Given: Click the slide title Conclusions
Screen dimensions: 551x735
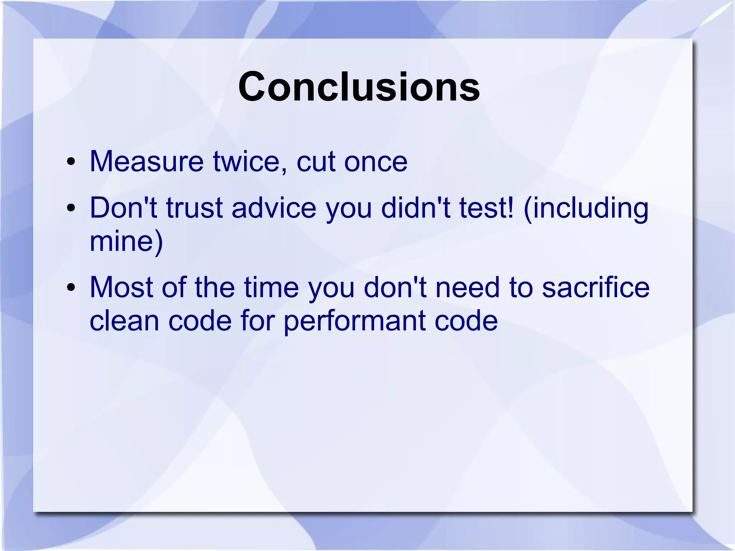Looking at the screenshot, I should [x=359, y=87].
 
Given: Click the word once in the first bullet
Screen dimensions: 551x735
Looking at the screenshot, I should [x=376, y=162].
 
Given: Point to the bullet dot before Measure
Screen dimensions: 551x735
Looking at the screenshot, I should [x=71, y=162].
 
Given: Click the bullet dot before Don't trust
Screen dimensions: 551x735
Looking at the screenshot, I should [x=71, y=208].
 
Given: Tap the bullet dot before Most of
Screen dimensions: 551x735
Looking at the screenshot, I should [x=71, y=288].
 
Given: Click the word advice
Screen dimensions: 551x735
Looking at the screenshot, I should [x=274, y=208].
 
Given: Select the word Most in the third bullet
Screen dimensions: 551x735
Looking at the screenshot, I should [x=121, y=288].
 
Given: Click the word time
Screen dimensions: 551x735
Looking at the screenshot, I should [x=271, y=288].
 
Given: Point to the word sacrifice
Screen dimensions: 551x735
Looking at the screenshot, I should [x=595, y=288].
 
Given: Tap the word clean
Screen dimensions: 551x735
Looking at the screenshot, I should [x=124, y=321].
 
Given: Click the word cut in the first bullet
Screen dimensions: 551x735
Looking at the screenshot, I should [x=316, y=162].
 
